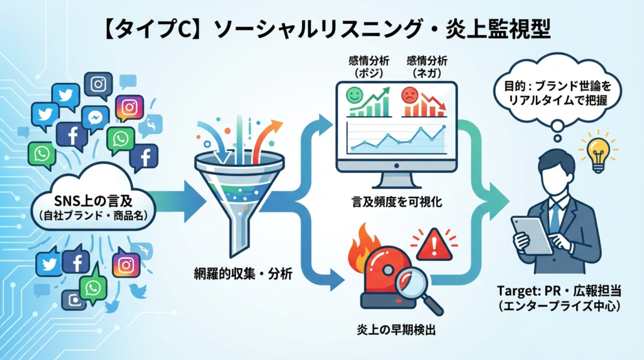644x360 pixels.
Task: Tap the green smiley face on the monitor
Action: [x=354, y=97]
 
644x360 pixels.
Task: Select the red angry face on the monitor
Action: [x=410, y=96]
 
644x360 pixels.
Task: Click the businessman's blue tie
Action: [x=554, y=218]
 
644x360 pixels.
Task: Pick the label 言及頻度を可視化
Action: [x=388, y=203]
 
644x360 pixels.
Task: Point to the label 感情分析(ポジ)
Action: [x=369, y=67]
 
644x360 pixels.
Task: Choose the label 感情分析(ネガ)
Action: [x=428, y=67]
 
